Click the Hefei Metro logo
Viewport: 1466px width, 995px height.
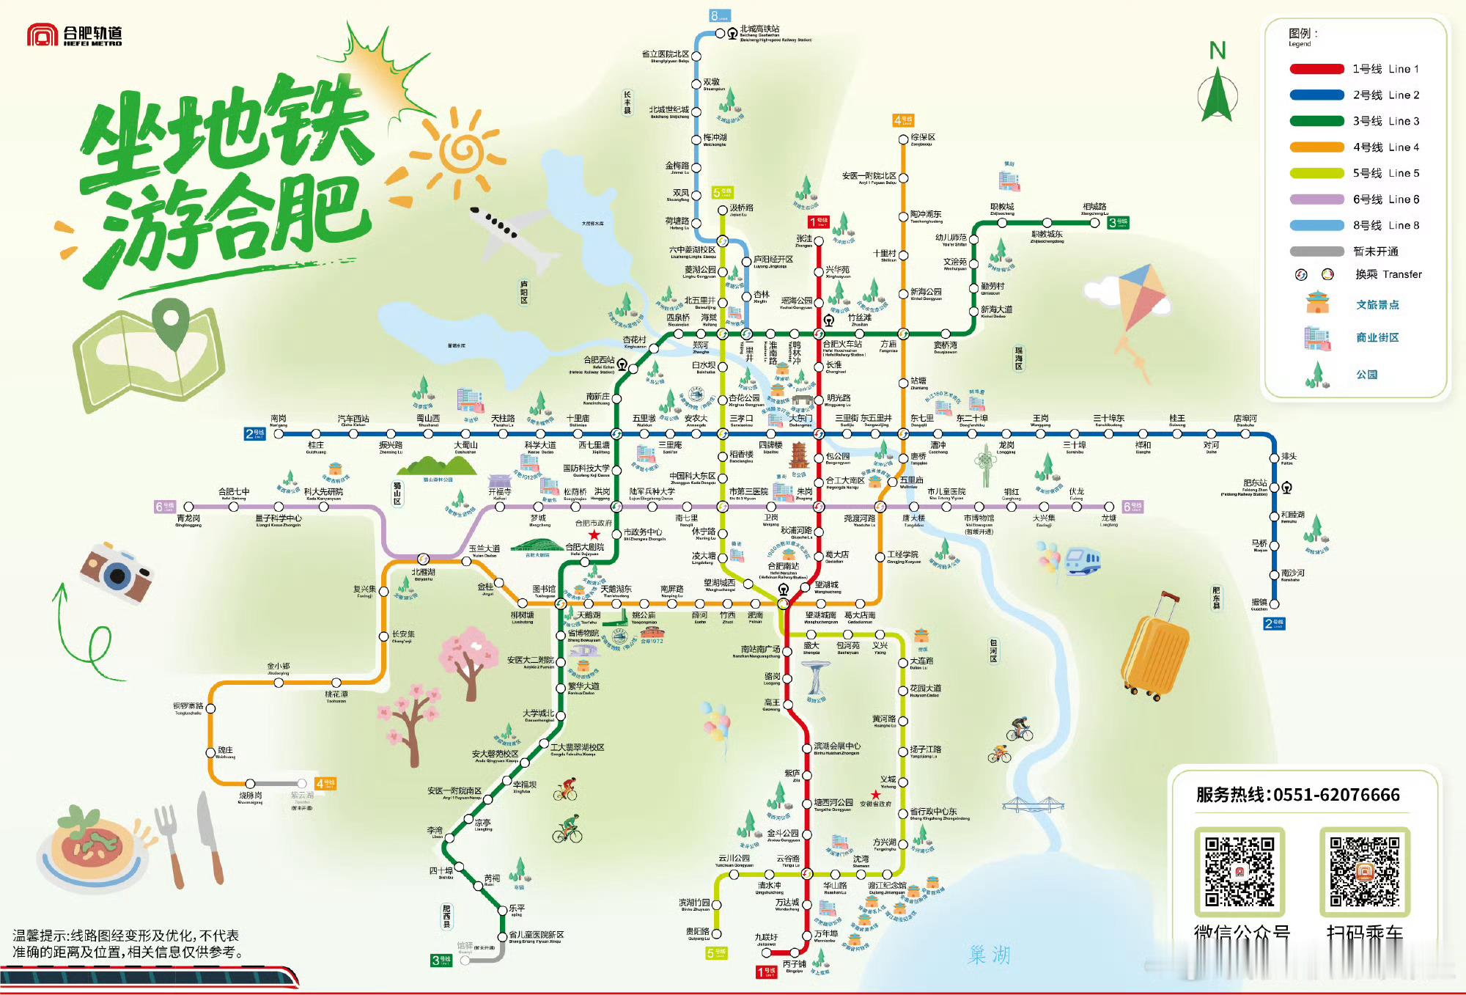click(x=73, y=35)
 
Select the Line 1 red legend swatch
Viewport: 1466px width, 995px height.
click(x=1316, y=69)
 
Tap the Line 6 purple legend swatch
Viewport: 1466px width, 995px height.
click(x=1316, y=199)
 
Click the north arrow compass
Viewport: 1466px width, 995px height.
click(x=1218, y=92)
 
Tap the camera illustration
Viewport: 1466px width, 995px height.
click(x=117, y=573)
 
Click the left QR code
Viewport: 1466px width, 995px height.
click(x=1240, y=871)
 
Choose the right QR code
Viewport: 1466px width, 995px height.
click(x=1364, y=871)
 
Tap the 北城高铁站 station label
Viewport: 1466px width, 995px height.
click(x=759, y=29)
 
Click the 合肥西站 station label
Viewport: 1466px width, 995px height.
click(x=598, y=360)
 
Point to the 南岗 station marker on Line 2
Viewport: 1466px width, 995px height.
click(x=279, y=434)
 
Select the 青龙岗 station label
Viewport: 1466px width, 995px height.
click(x=188, y=518)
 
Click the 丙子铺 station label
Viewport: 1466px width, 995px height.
click(x=795, y=964)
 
